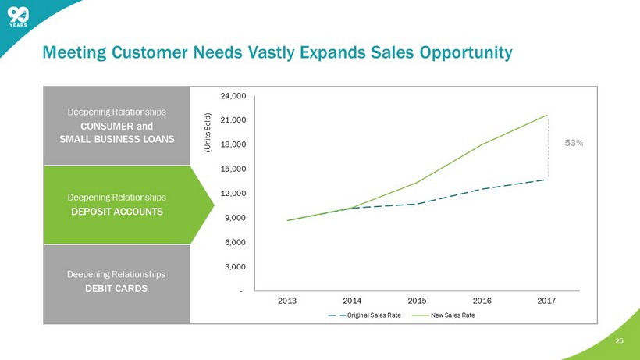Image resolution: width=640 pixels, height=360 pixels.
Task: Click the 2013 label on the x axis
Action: pyautogui.click(x=287, y=299)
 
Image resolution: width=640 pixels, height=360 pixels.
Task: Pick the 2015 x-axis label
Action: pyautogui.click(x=418, y=299)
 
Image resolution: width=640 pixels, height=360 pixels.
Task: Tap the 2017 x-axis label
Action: pyautogui.click(x=548, y=299)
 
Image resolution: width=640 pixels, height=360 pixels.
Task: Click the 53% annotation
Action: pyautogui.click(x=574, y=143)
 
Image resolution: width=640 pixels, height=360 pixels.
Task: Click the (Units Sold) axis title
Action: pyautogui.click(x=208, y=128)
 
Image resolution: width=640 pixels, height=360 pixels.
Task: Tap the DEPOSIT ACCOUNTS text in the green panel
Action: pyautogui.click(x=116, y=212)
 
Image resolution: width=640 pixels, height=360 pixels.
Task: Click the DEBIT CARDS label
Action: pyautogui.click(x=116, y=289)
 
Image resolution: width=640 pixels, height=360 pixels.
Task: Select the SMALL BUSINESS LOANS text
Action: pyautogui.click(x=116, y=138)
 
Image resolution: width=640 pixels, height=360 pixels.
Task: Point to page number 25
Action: pyautogui.click(x=620, y=341)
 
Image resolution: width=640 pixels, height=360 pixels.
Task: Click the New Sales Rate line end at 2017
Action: pyautogui.click(x=548, y=115)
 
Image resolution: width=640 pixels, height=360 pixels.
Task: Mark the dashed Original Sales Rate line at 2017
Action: pyautogui.click(x=548, y=179)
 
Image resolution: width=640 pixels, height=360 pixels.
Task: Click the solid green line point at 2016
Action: pyautogui.click(x=482, y=144)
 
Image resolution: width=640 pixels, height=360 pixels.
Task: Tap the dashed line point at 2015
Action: pyautogui.click(x=418, y=204)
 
